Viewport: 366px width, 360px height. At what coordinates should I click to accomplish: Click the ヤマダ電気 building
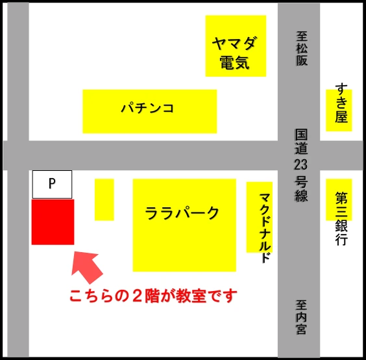236,45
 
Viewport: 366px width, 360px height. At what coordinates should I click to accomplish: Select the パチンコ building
149,110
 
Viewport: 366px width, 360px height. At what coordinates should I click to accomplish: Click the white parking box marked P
52,185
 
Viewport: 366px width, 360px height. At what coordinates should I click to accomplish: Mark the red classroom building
53,222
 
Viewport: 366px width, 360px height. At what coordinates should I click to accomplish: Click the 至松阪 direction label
301,49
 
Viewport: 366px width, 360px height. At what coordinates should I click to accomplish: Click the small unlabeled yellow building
104,199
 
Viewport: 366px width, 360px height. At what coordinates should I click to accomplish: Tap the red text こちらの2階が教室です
154,296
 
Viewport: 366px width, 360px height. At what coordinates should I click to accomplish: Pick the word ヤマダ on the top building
235,44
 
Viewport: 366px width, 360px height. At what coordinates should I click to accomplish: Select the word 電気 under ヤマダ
235,64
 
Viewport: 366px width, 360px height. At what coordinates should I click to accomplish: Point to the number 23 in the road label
301,164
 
